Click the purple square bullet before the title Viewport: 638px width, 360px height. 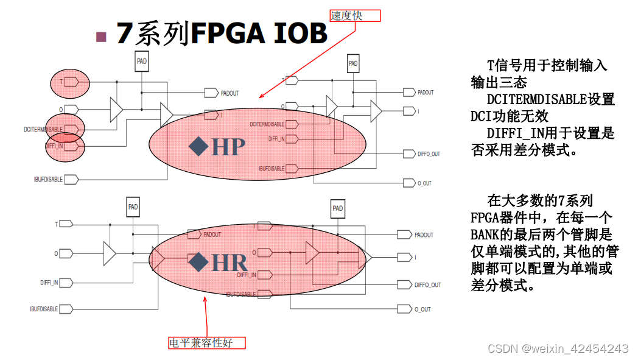tap(102, 37)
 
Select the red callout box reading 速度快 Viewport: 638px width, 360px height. tap(355, 16)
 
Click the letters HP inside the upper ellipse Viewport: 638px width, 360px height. tap(228, 146)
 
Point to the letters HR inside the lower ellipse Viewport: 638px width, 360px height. tap(229, 263)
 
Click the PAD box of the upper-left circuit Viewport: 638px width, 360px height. tap(141, 61)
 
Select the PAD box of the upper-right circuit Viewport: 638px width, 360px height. tap(353, 63)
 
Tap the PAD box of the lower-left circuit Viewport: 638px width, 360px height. tap(133, 207)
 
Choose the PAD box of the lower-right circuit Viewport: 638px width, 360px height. tap(337, 208)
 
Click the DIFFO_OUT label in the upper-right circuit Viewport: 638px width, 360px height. tap(429, 154)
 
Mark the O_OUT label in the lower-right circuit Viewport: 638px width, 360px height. tap(422, 309)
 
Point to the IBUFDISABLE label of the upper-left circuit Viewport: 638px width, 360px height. tap(48, 180)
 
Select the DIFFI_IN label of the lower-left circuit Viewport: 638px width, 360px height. tap(49, 283)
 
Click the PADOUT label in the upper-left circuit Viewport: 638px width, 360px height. tap(230, 93)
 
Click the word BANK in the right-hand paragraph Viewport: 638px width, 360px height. tap(485, 234)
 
